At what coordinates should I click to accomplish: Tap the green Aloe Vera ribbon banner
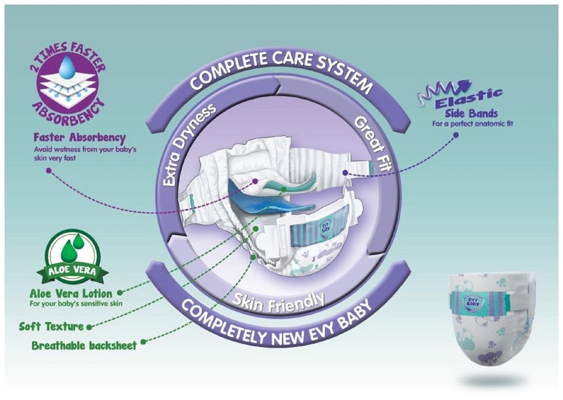72,272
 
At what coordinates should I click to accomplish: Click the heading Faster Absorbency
79,138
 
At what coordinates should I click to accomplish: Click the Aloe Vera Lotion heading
71,294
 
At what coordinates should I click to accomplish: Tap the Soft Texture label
52,327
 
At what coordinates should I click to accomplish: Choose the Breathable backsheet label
84,346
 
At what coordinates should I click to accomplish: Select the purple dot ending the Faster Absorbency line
49,171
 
